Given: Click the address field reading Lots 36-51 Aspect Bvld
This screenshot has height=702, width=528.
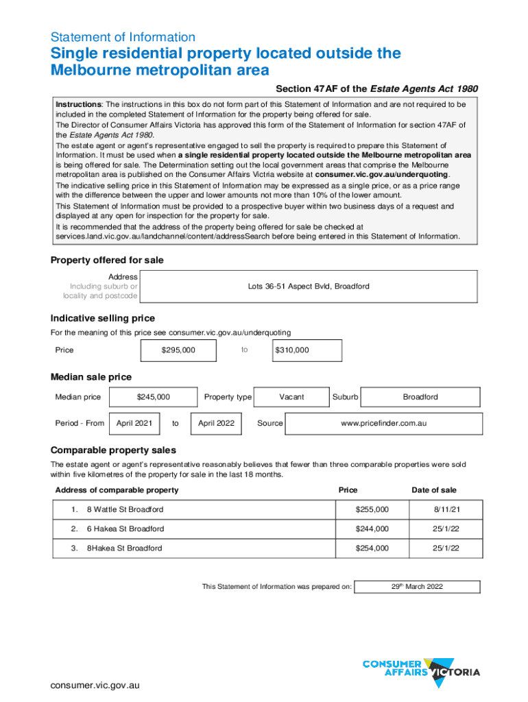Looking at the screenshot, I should tap(308, 286).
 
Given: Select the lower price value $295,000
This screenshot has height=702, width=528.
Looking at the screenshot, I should tap(178, 350).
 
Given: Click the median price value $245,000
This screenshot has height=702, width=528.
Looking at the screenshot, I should tap(153, 397).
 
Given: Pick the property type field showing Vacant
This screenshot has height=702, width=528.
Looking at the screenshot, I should tap(291, 397).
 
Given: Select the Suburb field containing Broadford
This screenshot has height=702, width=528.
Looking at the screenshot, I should tap(420, 397).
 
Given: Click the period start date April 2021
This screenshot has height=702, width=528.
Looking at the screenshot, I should tap(134, 423).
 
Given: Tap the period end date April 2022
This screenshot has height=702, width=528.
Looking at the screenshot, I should tap(216, 423).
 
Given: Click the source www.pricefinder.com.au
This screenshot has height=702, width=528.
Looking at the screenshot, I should tap(383, 423).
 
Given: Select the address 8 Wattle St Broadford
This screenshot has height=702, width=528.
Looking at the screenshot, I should tap(125, 510).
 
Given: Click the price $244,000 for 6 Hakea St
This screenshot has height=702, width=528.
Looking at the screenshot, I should tap(372, 529).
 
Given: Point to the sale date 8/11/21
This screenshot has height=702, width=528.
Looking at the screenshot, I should tap(446, 510).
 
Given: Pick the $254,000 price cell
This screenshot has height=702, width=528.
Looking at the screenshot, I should tap(372, 548).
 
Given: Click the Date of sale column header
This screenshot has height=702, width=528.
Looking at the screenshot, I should tap(433, 490).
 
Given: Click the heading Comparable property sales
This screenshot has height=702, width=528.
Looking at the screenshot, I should tap(113, 450).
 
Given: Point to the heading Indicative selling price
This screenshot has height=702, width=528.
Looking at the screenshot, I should tap(103, 318).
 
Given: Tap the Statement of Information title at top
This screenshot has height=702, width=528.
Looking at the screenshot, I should tap(123, 37).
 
